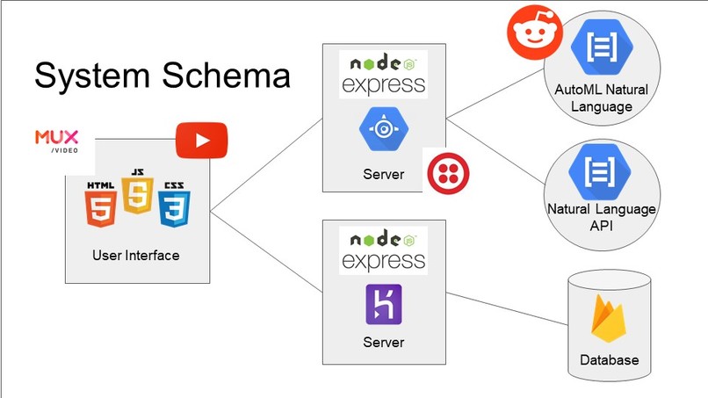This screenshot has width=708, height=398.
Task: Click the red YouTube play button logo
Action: [201, 140]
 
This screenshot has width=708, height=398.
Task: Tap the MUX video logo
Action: [57, 141]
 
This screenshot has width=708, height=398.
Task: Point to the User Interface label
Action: [136, 256]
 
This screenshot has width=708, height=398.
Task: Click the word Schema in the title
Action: [227, 75]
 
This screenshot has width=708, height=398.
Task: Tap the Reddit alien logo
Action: [535, 33]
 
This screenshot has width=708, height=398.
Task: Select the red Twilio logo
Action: [448, 173]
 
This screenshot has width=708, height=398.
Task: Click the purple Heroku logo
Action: [384, 305]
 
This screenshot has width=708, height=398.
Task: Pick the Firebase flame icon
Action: [608, 319]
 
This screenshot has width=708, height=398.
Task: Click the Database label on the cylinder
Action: [609, 360]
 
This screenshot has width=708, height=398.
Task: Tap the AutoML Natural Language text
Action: [602, 98]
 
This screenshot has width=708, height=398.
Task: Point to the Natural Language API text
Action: [602, 217]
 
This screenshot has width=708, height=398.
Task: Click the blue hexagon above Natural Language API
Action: [600, 171]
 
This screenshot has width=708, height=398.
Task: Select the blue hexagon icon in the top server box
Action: [384, 129]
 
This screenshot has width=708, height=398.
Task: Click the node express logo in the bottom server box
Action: [383, 250]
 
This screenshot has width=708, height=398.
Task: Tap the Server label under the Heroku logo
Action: [384, 342]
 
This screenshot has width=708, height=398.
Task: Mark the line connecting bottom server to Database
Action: [507, 308]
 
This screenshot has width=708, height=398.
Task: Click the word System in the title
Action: [92, 75]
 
